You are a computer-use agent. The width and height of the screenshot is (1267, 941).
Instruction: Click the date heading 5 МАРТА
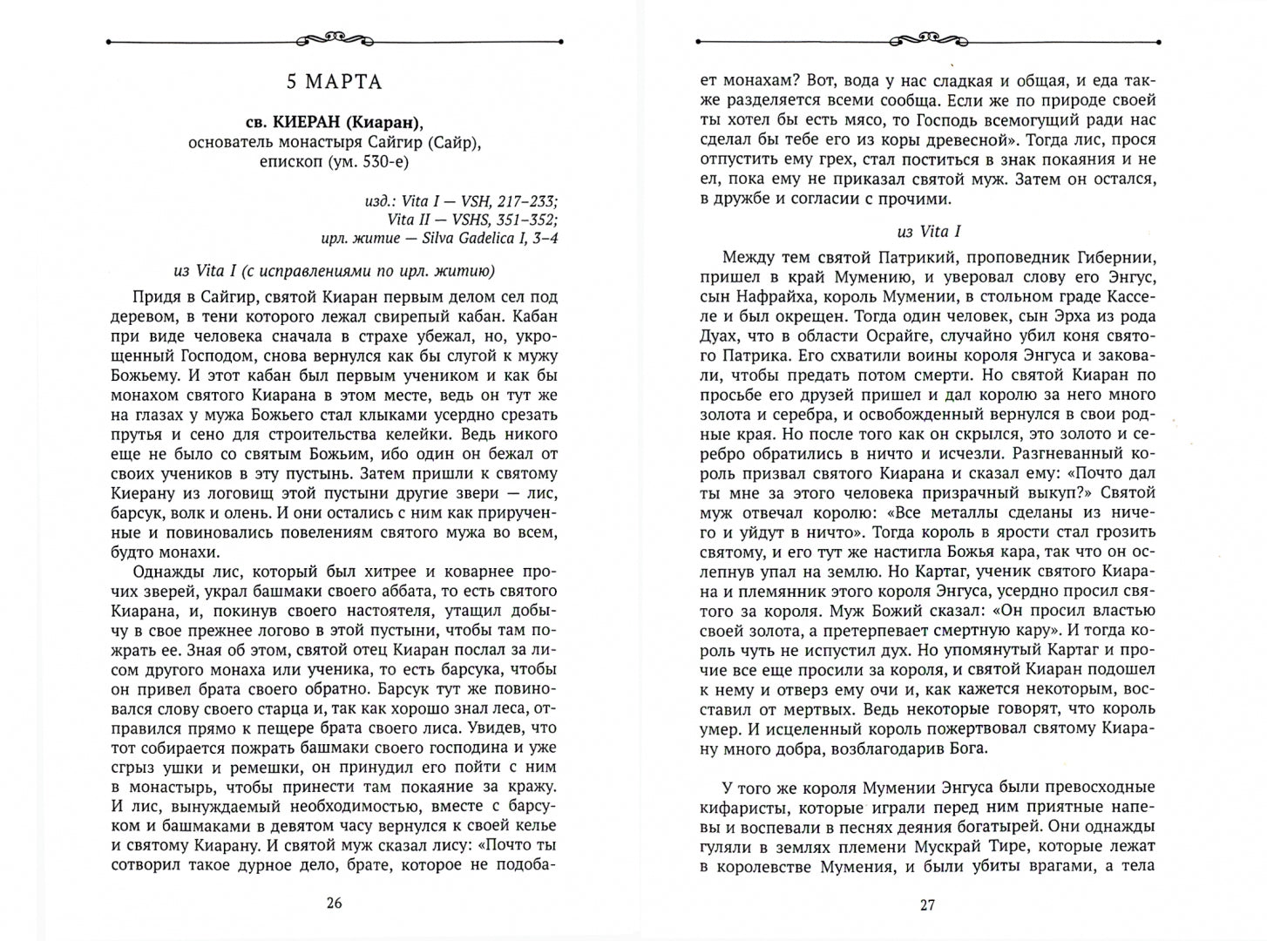(335, 83)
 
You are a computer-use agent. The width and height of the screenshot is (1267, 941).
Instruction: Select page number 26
(334, 903)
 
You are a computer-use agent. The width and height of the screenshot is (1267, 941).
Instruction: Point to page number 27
(927, 905)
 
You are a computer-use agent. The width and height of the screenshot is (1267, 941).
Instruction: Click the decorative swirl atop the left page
(335, 39)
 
